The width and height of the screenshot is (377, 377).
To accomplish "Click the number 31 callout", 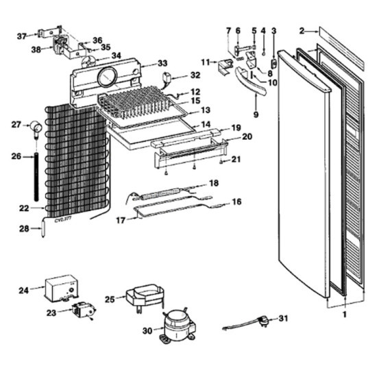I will (x=284, y=319).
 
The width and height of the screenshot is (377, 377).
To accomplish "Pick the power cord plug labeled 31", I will (x=261, y=319).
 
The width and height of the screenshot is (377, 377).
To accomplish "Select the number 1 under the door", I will (x=345, y=314).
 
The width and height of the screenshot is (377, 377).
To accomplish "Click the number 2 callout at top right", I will (x=302, y=30).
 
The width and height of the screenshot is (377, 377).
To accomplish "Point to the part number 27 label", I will (x=16, y=124).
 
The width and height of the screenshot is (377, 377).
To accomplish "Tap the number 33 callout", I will (x=162, y=64).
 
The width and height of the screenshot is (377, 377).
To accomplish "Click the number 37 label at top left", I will (x=21, y=36).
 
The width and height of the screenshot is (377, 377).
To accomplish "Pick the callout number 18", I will (x=214, y=183).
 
